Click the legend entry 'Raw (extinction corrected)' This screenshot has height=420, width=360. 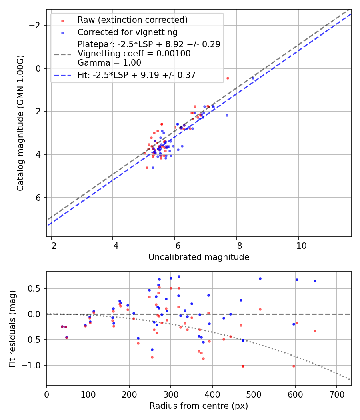coord(132,20)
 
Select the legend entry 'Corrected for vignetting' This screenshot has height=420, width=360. coord(127,32)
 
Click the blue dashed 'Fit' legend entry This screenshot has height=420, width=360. coord(136,75)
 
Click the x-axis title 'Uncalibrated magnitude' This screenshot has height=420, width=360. coord(199,257)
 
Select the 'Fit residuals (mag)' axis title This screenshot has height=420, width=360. coord(12,328)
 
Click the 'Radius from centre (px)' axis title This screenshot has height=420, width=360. coord(199,406)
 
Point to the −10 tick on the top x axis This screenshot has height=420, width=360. coord(298,245)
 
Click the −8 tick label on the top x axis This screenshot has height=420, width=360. coord(236,245)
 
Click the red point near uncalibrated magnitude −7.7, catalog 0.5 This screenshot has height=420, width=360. coord(228,78)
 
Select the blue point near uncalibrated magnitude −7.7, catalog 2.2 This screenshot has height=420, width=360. coord(227,115)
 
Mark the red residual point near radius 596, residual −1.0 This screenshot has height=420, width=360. coord(294,366)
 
